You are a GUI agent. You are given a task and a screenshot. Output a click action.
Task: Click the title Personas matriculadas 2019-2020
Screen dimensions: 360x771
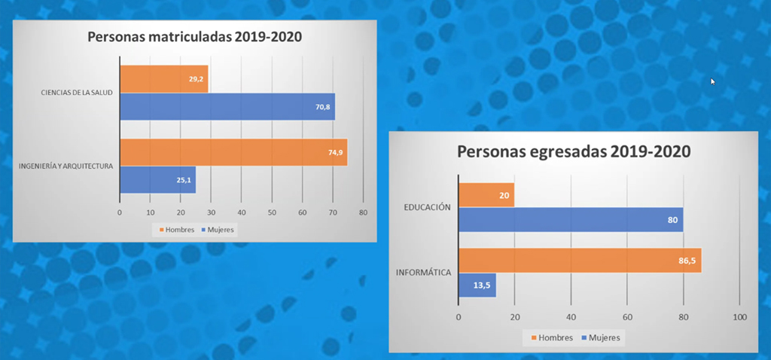[x=195, y=37]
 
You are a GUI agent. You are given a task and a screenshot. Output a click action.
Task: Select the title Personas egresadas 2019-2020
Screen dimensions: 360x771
[x=574, y=151]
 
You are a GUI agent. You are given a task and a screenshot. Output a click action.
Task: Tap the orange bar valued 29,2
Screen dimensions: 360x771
[x=163, y=79]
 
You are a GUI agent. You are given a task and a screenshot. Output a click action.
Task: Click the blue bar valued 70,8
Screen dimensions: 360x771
[x=227, y=106]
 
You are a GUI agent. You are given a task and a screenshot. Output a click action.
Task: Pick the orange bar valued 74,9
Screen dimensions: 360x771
[x=233, y=152]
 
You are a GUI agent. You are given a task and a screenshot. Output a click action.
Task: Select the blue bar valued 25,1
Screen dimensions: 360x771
[x=157, y=179]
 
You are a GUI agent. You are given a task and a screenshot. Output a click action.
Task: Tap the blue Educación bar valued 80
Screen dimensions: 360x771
[x=570, y=220]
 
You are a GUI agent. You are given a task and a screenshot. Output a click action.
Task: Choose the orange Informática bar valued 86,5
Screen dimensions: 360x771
[x=579, y=260]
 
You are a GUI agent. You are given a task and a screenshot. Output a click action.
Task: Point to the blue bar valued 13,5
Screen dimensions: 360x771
[x=477, y=285]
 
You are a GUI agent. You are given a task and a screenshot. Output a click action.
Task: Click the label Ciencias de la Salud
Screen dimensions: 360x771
[x=78, y=93]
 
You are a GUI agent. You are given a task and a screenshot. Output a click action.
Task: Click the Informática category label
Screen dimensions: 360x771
[x=423, y=272]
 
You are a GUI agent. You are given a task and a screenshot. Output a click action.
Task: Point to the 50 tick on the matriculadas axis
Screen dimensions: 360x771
[x=272, y=212]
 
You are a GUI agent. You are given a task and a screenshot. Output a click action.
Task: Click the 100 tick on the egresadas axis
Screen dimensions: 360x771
[x=739, y=317]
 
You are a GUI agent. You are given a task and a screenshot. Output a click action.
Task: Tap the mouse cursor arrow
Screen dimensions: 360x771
[x=713, y=81]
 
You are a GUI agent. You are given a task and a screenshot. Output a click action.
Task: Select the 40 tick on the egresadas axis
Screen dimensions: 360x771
[x=571, y=317]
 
